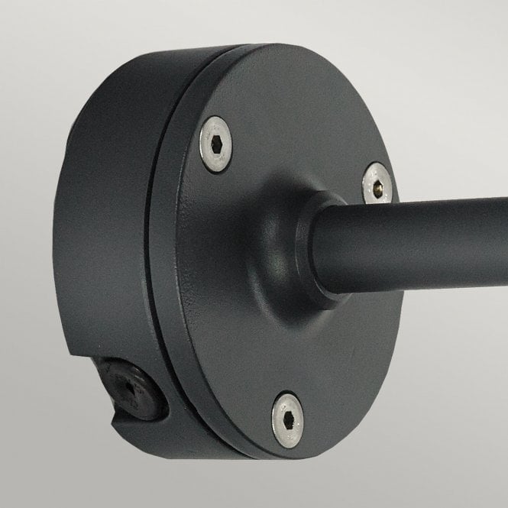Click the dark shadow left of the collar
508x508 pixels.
point(244,252)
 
